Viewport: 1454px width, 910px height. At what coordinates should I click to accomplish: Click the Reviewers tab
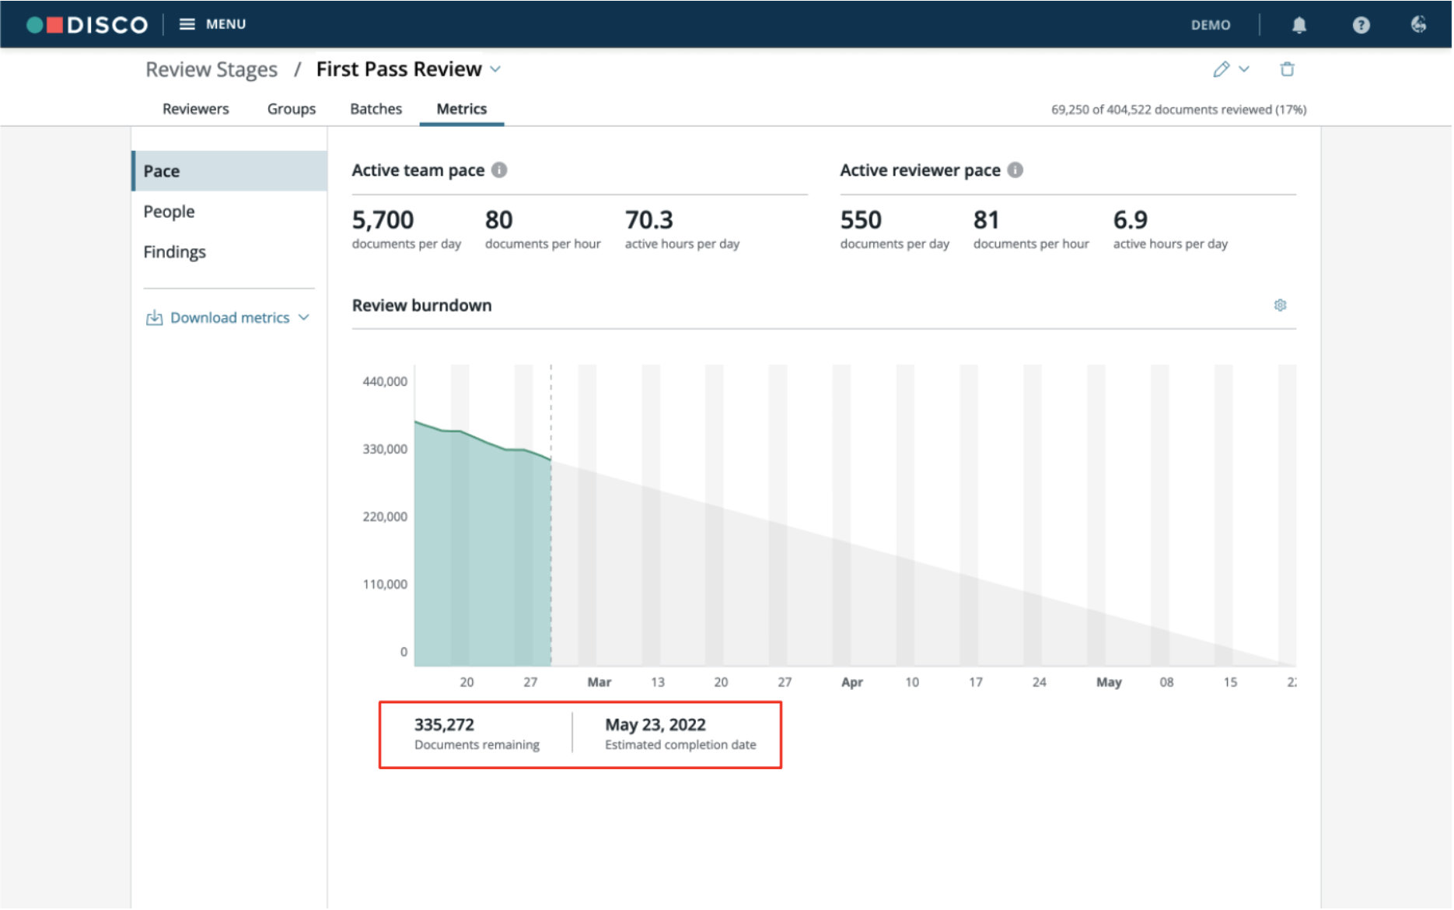[195, 109]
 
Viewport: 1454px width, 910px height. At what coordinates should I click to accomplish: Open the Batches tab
[376, 109]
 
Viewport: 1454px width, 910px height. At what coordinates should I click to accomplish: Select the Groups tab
[292, 109]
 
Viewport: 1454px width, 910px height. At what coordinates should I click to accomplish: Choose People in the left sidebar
[169, 212]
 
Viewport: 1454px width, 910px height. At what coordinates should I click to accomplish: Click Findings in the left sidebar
[174, 252]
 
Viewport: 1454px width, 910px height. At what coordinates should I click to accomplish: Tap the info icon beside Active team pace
[499, 170]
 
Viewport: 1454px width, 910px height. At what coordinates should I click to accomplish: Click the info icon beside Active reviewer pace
[1015, 170]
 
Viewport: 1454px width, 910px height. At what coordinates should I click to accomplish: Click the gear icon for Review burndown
[1280, 305]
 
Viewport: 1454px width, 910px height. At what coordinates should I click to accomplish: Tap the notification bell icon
[1299, 25]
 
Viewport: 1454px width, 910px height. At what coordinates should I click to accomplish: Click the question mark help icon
[1361, 25]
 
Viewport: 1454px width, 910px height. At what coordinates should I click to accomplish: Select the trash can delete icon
[1288, 69]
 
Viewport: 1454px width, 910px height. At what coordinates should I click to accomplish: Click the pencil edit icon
[1222, 69]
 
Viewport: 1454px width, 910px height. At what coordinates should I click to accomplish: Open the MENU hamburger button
[212, 24]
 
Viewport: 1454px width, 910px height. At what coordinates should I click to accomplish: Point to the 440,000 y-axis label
[385, 381]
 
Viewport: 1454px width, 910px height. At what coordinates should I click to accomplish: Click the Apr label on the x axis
[852, 682]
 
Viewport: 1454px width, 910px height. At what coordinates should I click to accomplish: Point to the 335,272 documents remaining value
[444, 725]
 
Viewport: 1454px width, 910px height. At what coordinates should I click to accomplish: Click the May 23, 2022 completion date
[655, 725]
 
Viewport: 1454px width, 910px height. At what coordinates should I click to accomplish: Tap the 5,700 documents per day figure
[383, 220]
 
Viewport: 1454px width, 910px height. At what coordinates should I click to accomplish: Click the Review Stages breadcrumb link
[211, 70]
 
